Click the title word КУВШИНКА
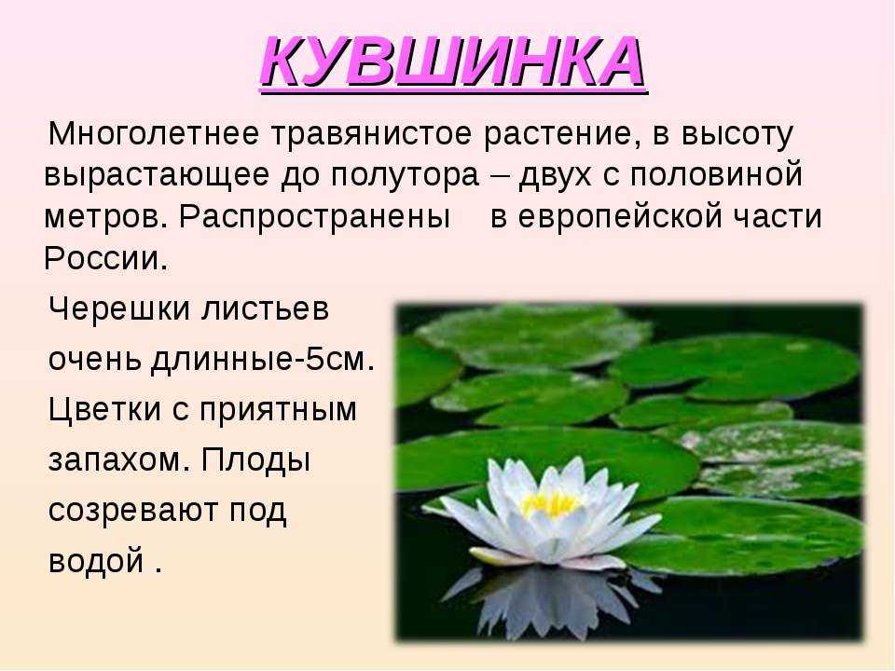point(453,62)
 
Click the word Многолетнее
point(154,133)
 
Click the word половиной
point(716,174)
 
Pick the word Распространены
point(314,217)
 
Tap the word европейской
point(612,217)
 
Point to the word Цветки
point(105,409)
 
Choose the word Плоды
point(255,459)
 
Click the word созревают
point(133,510)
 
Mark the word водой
point(96,560)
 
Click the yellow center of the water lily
point(550,504)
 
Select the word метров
point(106,217)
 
